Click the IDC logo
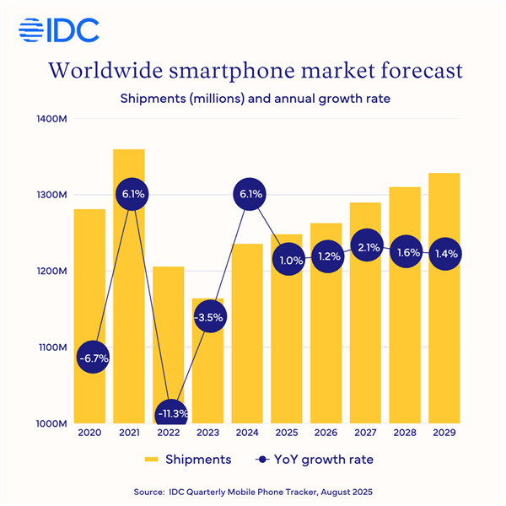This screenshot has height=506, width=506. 58,31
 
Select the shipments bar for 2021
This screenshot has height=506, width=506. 128,287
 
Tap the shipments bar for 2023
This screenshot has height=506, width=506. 207,371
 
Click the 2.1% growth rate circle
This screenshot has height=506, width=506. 364,246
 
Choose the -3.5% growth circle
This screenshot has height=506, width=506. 207,318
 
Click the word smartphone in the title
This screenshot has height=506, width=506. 254,70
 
